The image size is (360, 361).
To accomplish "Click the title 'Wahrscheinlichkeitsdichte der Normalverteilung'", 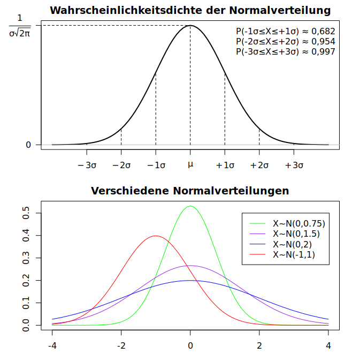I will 190,11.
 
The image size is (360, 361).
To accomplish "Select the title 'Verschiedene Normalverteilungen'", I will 190,191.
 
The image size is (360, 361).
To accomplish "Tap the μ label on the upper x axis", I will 190,164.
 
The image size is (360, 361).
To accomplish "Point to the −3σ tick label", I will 87,165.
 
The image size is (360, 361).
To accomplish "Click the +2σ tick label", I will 259,165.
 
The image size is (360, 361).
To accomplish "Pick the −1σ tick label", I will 156,165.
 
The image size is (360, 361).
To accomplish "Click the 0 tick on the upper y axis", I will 29,145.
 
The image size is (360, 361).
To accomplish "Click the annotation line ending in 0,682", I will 285,32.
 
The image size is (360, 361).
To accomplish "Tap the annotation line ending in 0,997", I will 285,52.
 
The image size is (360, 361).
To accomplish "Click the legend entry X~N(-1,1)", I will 294,255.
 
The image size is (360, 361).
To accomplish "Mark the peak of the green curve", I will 190,206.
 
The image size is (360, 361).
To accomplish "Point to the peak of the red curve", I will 156,236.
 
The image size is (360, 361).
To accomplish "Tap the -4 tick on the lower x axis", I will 52,345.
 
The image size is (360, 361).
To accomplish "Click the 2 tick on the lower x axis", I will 259,345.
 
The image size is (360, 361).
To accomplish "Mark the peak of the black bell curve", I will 190,26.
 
